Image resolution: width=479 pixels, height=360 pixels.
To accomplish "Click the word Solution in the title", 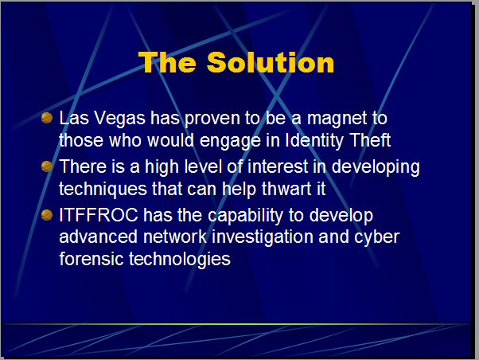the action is pyautogui.click(x=271, y=62).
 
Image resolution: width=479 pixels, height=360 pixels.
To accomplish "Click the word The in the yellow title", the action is pyautogui.click(x=167, y=62).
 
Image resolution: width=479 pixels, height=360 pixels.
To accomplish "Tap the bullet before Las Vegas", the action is pyautogui.click(x=47, y=118).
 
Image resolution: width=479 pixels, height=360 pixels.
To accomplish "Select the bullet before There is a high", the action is pyautogui.click(x=47, y=166).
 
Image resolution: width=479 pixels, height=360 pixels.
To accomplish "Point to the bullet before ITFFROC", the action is pyautogui.click(x=47, y=215).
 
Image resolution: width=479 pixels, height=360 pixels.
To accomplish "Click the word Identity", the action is pyautogui.click(x=313, y=140).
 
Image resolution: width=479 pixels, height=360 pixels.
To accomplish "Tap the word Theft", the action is pyautogui.click(x=370, y=140).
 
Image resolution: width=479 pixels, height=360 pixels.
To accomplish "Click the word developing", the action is pyautogui.click(x=376, y=167).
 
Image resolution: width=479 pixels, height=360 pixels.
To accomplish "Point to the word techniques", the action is pyautogui.click(x=103, y=189).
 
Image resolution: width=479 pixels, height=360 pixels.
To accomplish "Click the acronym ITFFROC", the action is pyautogui.click(x=99, y=215).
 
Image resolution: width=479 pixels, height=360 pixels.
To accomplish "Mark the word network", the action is pyautogui.click(x=175, y=237).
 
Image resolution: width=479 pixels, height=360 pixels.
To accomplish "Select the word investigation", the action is pyautogui.click(x=263, y=237).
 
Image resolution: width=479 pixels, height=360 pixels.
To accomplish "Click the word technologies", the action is pyautogui.click(x=180, y=260).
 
